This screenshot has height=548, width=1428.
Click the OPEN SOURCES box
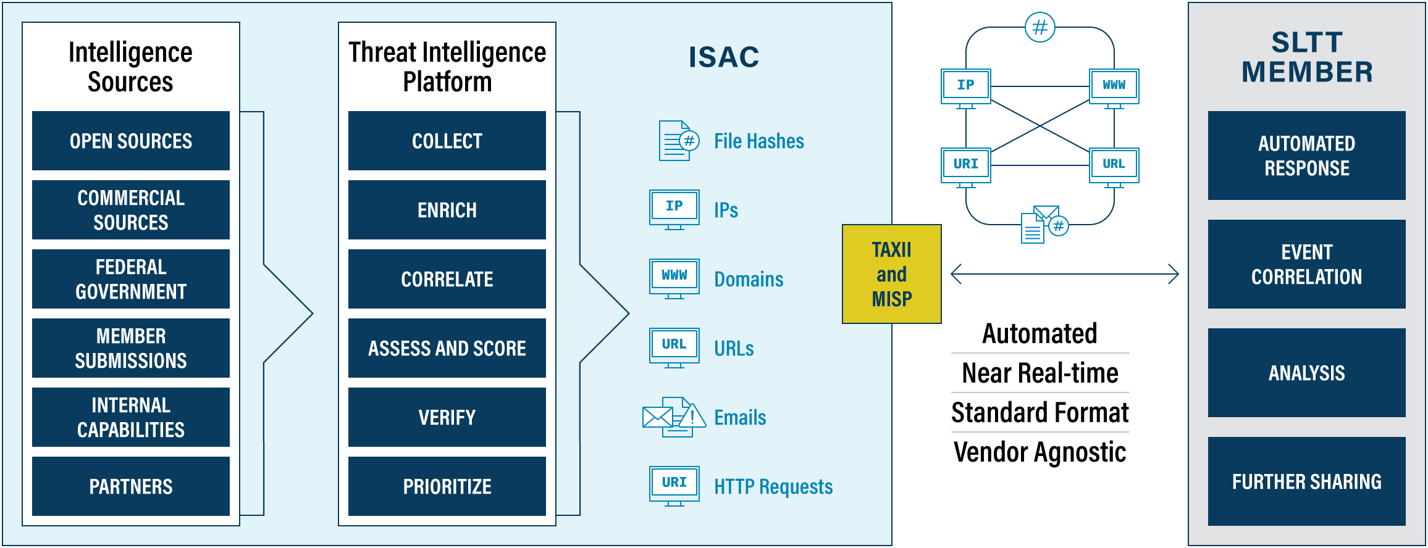click(x=131, y=141)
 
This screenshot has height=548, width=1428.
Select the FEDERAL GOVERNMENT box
click(x=131, y=279)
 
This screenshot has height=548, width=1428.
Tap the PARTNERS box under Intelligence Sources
click(x=131, y=486)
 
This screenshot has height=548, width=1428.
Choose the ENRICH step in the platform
click(x=447, y=210)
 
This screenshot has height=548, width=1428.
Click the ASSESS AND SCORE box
click(x=447, y=348)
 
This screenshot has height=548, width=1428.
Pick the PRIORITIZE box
click(x=447, y=486)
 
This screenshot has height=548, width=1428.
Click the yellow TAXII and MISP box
click(x=891, y=274)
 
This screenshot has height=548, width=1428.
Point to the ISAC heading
click(x=724, y=57)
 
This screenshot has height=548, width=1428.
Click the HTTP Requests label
click(x=773, y=487)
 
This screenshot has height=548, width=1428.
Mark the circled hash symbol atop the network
click(x=1040, y=27)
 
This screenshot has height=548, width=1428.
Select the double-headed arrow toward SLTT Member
click(x=1065, y=274)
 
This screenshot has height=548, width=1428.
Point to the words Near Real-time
click(x=1040, y=373)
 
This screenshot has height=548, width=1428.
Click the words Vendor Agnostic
click(x=1040, y=452)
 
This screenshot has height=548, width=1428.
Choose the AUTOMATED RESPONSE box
click(x=1307, y=156)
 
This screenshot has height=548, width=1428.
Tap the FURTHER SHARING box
click(x=1307, y=481)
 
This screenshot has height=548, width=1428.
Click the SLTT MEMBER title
click(x=1307, y=57)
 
